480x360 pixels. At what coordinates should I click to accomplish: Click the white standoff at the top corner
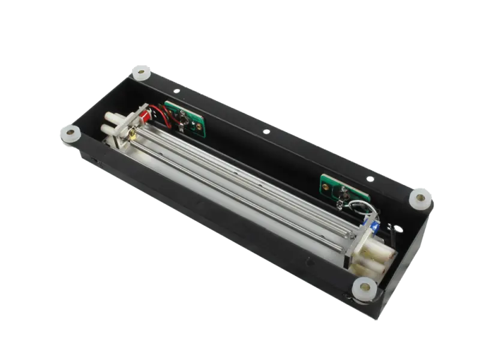(141, 71)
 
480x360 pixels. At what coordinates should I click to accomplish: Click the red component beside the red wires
(144, 112)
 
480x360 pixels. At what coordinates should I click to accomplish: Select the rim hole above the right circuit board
(370, 178)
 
